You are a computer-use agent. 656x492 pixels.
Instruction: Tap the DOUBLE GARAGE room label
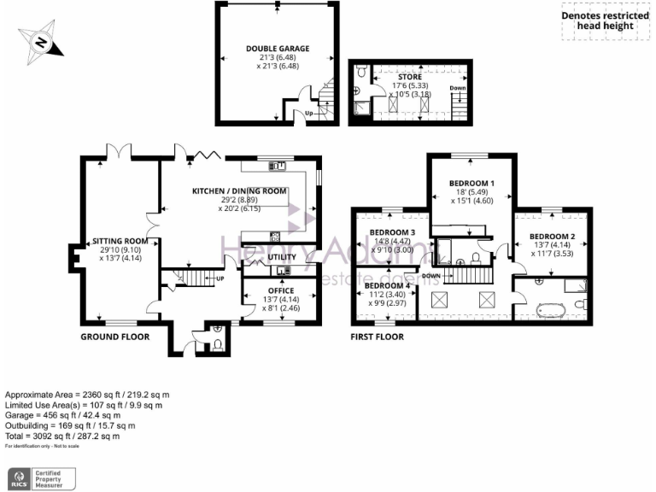coord(278,49)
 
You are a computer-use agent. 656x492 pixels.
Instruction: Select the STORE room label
coord(410,77)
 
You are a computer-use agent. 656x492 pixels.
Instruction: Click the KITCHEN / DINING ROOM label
coord(238,190)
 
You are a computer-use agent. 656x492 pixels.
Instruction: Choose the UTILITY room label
coord(281,257)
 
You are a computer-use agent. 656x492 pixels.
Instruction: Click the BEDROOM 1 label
coord(472,184)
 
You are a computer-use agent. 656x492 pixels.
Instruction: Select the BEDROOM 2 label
coord(551,236)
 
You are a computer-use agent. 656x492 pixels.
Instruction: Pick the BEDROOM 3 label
coord(392,232)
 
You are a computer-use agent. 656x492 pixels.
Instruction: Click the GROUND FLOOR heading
coord(114,337)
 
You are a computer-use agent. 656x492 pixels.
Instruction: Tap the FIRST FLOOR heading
coord(377,337)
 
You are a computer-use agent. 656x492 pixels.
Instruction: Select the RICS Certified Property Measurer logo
coord(42,477)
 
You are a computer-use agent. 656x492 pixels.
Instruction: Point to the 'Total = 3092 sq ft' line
coord(62,436)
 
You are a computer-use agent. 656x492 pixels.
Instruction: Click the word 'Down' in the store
coord(458,88)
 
